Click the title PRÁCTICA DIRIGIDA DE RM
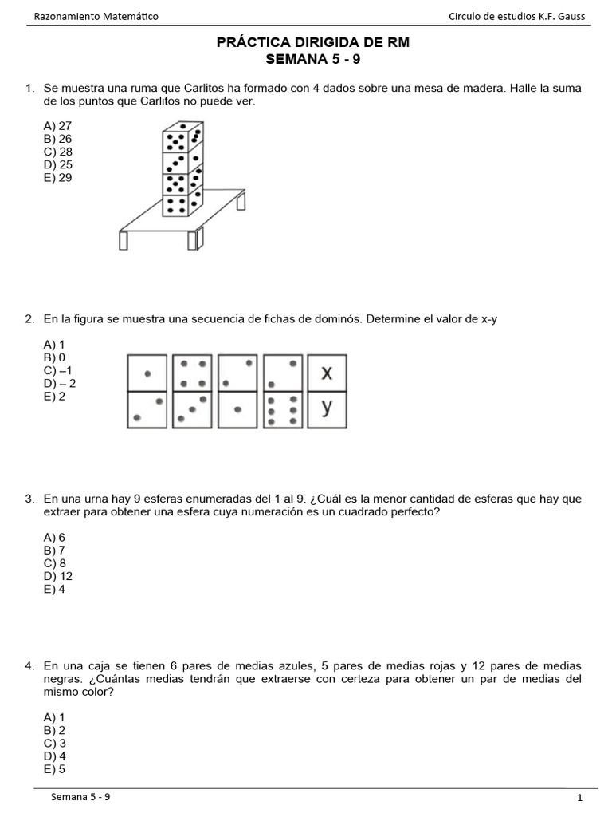(x=312, y=43)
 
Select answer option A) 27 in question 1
(x=58, y=126)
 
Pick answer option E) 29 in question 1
(x=58, y=178)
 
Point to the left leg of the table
(x=124, y=240)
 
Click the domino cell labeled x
(x=327, y=373)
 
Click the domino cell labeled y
(x=327, y=409)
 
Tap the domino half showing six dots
(x=283, y=409)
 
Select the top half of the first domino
(x=147, y=373)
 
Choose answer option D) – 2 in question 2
(x=61, y=384)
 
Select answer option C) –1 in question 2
(x=59, y=371)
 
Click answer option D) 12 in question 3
(x=59, y=576)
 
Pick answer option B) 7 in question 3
(x=56, y=551)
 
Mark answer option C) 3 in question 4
(x=56, y=744)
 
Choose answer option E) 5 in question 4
(x=56, y=769)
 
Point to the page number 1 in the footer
(x=580, y=798)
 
